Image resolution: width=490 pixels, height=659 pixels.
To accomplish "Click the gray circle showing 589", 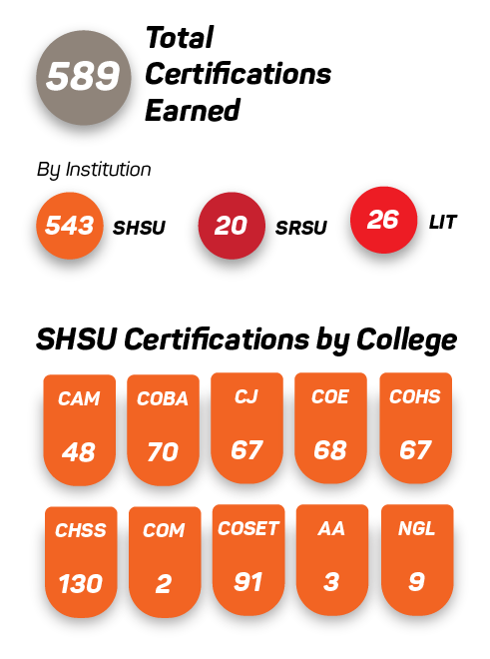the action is [x=84, y=77].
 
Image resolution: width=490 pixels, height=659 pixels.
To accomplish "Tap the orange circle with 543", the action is [x=69, y=226].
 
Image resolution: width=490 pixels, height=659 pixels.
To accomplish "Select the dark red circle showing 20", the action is [x=232, y=226].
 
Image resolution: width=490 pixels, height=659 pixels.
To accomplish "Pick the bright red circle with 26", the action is [x=383, y=220].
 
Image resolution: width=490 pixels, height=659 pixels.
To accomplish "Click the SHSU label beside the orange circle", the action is [x=139, y=228].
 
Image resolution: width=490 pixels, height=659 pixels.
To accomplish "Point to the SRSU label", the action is [x=301, y=228].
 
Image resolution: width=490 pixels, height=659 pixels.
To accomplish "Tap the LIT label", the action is [x=442, y=223].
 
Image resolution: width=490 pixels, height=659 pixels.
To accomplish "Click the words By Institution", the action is [x=94, y=170].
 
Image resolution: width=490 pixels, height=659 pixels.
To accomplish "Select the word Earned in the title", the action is [x=193, y=110].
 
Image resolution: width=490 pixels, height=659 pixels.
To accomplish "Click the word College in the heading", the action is [x=406, y=339].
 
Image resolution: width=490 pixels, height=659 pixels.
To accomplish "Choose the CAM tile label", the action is [x=79, y=398].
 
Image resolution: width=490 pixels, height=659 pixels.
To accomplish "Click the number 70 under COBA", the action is [x=163, y=452].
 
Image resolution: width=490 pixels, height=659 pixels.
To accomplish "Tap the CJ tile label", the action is [x=246, y=396].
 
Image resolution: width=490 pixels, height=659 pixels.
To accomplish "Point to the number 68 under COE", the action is [x=330, y=450].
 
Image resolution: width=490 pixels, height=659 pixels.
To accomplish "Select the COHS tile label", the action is [x=415, y=396].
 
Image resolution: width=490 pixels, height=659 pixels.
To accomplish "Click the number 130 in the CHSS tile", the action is [x=81, y=584].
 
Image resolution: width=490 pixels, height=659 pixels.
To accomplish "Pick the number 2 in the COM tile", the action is [x=164, y=584].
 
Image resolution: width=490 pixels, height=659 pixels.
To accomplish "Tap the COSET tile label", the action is [x=248, y=528].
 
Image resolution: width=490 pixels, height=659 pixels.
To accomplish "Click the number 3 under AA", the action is [x=331, y=582].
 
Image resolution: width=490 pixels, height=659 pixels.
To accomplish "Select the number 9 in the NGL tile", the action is [x=416, y=582].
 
